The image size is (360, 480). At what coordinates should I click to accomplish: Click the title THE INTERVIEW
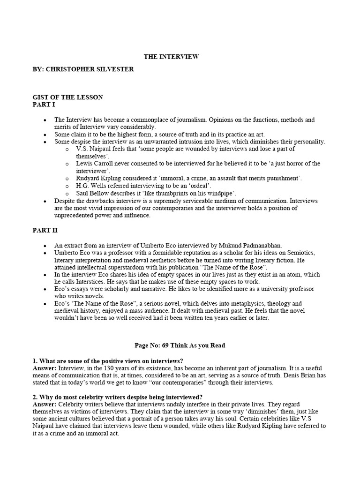click(171, 57)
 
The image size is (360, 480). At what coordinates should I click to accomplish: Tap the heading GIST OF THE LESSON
click(67, 97)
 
